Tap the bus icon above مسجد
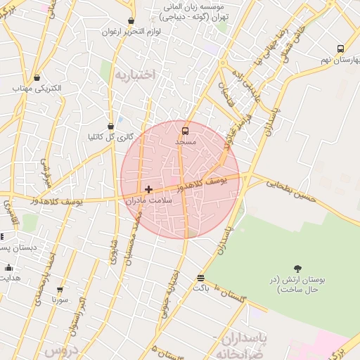coord(185,131)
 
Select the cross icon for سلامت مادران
coord(148,189)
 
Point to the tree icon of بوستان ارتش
coord(297,268)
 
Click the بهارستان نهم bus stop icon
coord(340,49)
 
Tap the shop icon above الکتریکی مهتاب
coord(37,78)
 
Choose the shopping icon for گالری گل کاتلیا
coord(110,126)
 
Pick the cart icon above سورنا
coord(59,289)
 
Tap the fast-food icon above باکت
coord(201,278)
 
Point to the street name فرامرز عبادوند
coord(229,134)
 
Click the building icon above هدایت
coord(8,267)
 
